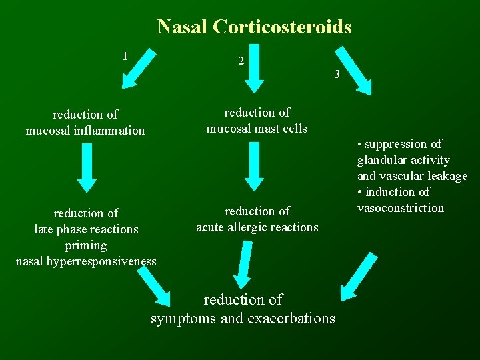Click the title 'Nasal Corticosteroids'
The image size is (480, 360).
(254, 27)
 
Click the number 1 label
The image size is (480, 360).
(125, 55)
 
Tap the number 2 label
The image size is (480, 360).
(241, 61)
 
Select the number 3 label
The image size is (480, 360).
(337, 74)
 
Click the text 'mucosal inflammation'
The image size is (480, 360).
(85, 131)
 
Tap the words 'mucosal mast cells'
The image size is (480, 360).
(257, 129)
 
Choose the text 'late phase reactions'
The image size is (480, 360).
(86, 229)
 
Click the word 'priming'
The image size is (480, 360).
(86, 245)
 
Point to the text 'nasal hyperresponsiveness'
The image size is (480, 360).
(86, 261)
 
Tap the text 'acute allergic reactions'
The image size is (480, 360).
(257, 227)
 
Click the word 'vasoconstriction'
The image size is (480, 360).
(400, 208)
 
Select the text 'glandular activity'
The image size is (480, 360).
(403, 160)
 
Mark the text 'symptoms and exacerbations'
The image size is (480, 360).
(243, 319)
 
